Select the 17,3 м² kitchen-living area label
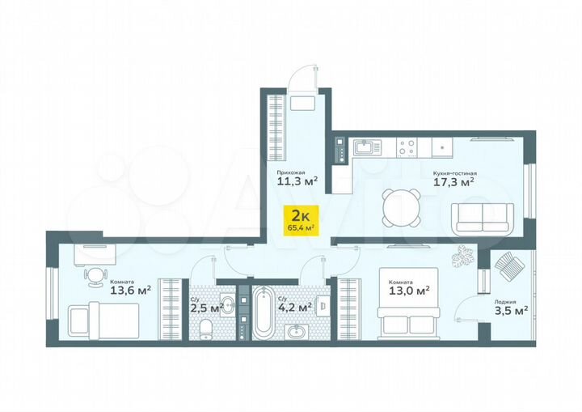click(454, 183)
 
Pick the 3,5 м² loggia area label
click(511, 308)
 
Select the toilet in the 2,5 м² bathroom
click(207, 327)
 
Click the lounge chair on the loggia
click(508, 265)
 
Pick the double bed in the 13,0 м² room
click(408, 317)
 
